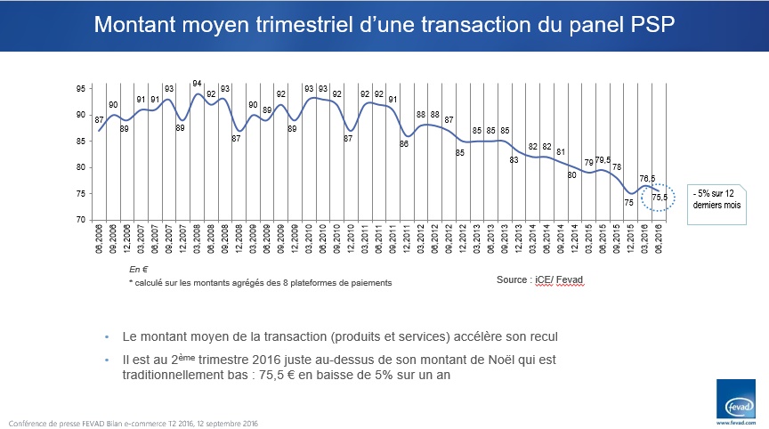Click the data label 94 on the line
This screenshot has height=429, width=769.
click(198, 84)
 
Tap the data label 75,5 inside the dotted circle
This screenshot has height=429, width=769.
click(660, 197)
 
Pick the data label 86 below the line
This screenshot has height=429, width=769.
click(404, 144)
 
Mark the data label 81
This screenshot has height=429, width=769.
click(560, 152)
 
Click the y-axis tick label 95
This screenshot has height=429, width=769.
click(81, 89)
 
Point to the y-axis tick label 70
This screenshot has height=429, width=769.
click(81, 220)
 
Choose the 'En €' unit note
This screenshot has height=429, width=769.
click(137, 267)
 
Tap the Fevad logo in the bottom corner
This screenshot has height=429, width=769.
click(735, 399)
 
